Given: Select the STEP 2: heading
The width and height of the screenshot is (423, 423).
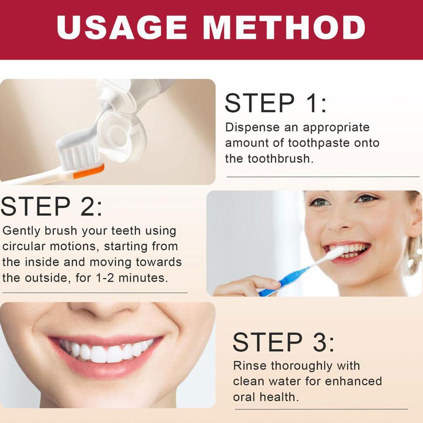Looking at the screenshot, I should [x=51, y=207].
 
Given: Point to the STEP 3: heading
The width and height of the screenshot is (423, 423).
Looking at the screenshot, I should [x=283, y=342].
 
